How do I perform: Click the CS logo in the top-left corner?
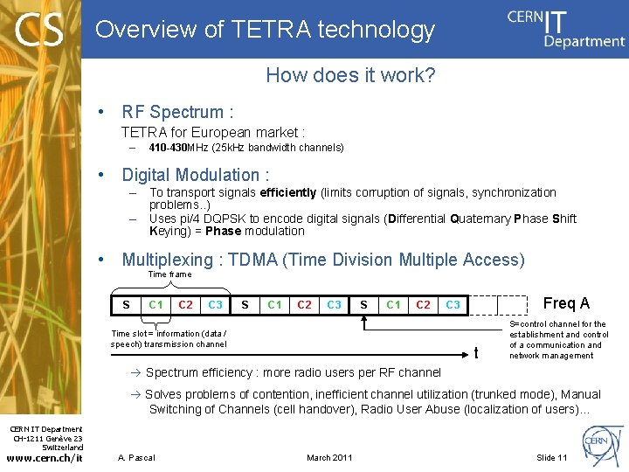tap(40, 30)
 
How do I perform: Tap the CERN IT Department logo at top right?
tap(566, 28)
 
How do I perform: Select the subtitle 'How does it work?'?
tap(350, 75)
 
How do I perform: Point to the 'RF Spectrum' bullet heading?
tap(177, 112)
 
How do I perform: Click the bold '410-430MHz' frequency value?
tap(181, 148)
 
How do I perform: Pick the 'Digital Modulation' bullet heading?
tap(196, 175)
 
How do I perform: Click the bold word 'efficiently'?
tap(288, 192)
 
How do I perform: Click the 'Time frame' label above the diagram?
tap(169, 274)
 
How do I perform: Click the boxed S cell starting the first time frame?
tap(127, 304)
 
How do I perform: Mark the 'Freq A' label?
tap(566, 303)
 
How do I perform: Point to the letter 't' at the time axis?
tap(476, 353)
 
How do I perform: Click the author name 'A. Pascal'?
tap(136, 458)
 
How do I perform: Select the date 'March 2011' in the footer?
tap(329, 458)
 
